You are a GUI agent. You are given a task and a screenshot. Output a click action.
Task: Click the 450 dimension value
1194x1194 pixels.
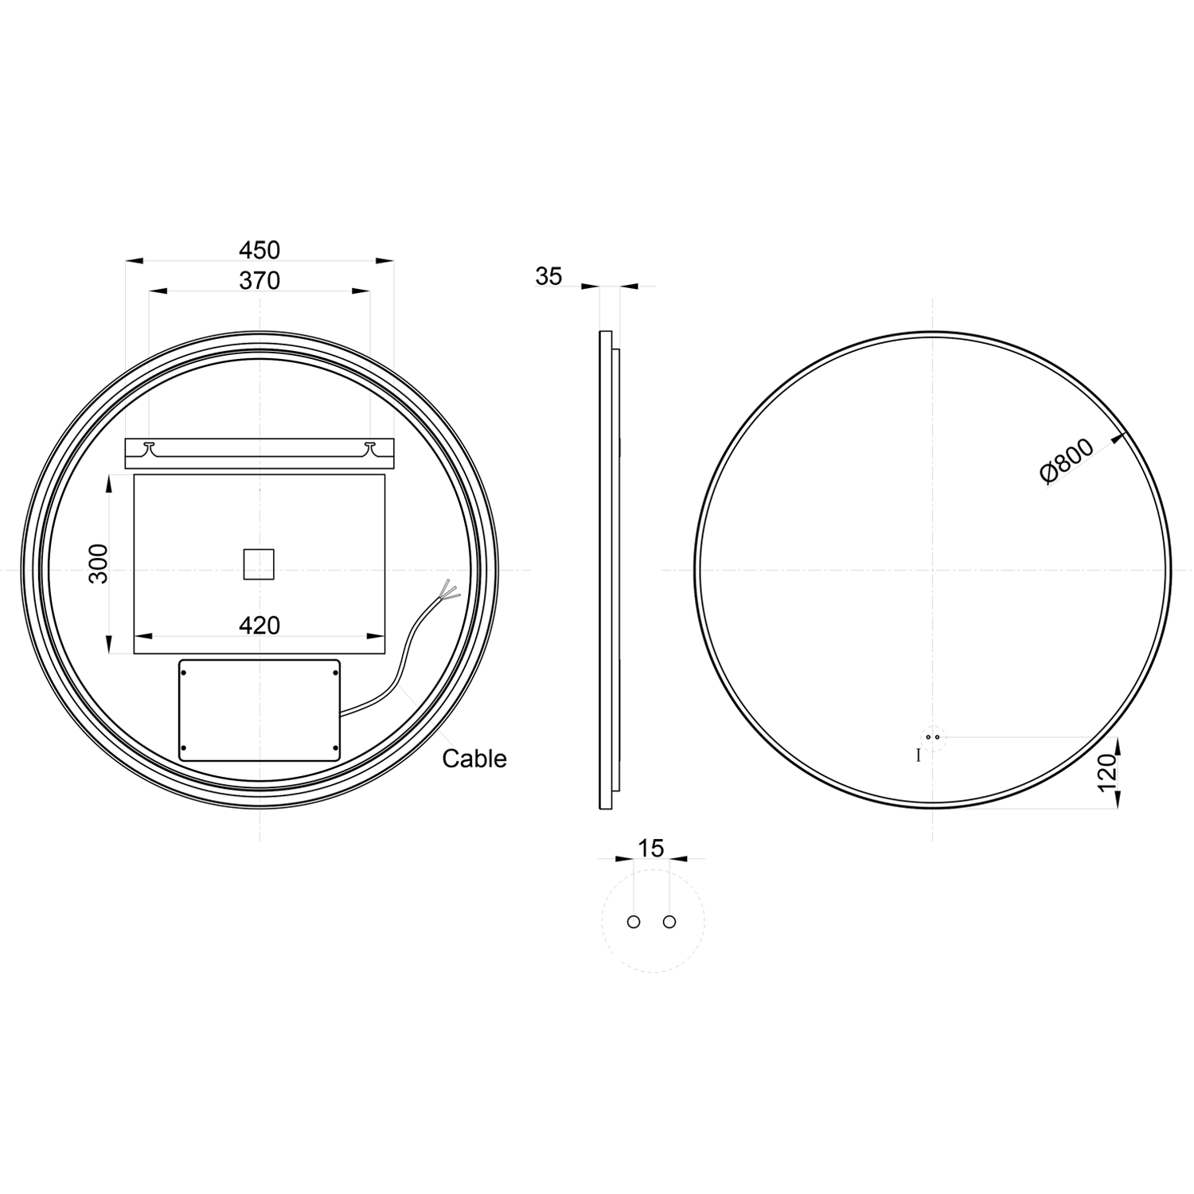click(259, 250)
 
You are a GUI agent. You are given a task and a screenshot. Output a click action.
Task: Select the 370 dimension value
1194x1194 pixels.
click(259, 281)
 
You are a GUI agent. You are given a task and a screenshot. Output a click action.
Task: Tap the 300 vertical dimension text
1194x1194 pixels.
click(98, 563)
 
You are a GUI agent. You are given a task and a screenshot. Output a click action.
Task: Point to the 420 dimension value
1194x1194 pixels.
click(259, 626)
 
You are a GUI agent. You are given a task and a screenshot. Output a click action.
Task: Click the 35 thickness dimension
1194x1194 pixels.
click(548, 276)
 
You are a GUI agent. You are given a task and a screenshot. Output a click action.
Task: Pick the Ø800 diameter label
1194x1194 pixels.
click(1067, 462)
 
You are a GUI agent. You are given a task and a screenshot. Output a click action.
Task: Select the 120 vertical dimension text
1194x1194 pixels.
click(1107, 773)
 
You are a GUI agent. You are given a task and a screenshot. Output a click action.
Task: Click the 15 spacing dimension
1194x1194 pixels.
click(651, 849)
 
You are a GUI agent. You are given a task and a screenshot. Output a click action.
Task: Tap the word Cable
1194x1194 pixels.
click(474, 759)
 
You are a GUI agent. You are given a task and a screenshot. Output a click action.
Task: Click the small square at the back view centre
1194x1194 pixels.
click(259, 564)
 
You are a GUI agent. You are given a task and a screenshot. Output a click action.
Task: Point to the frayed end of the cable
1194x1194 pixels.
click(449, 591)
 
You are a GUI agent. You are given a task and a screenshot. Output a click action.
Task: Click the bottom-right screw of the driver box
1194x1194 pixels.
click(335, 747)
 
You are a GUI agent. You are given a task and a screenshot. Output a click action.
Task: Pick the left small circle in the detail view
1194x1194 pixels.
click(634, 922)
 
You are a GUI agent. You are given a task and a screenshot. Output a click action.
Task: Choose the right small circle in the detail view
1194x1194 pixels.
click(669, 922)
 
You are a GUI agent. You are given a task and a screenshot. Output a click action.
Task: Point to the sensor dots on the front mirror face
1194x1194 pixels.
click(932, 737)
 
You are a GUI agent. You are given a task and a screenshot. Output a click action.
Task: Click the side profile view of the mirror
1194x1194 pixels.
click(607, 570)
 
